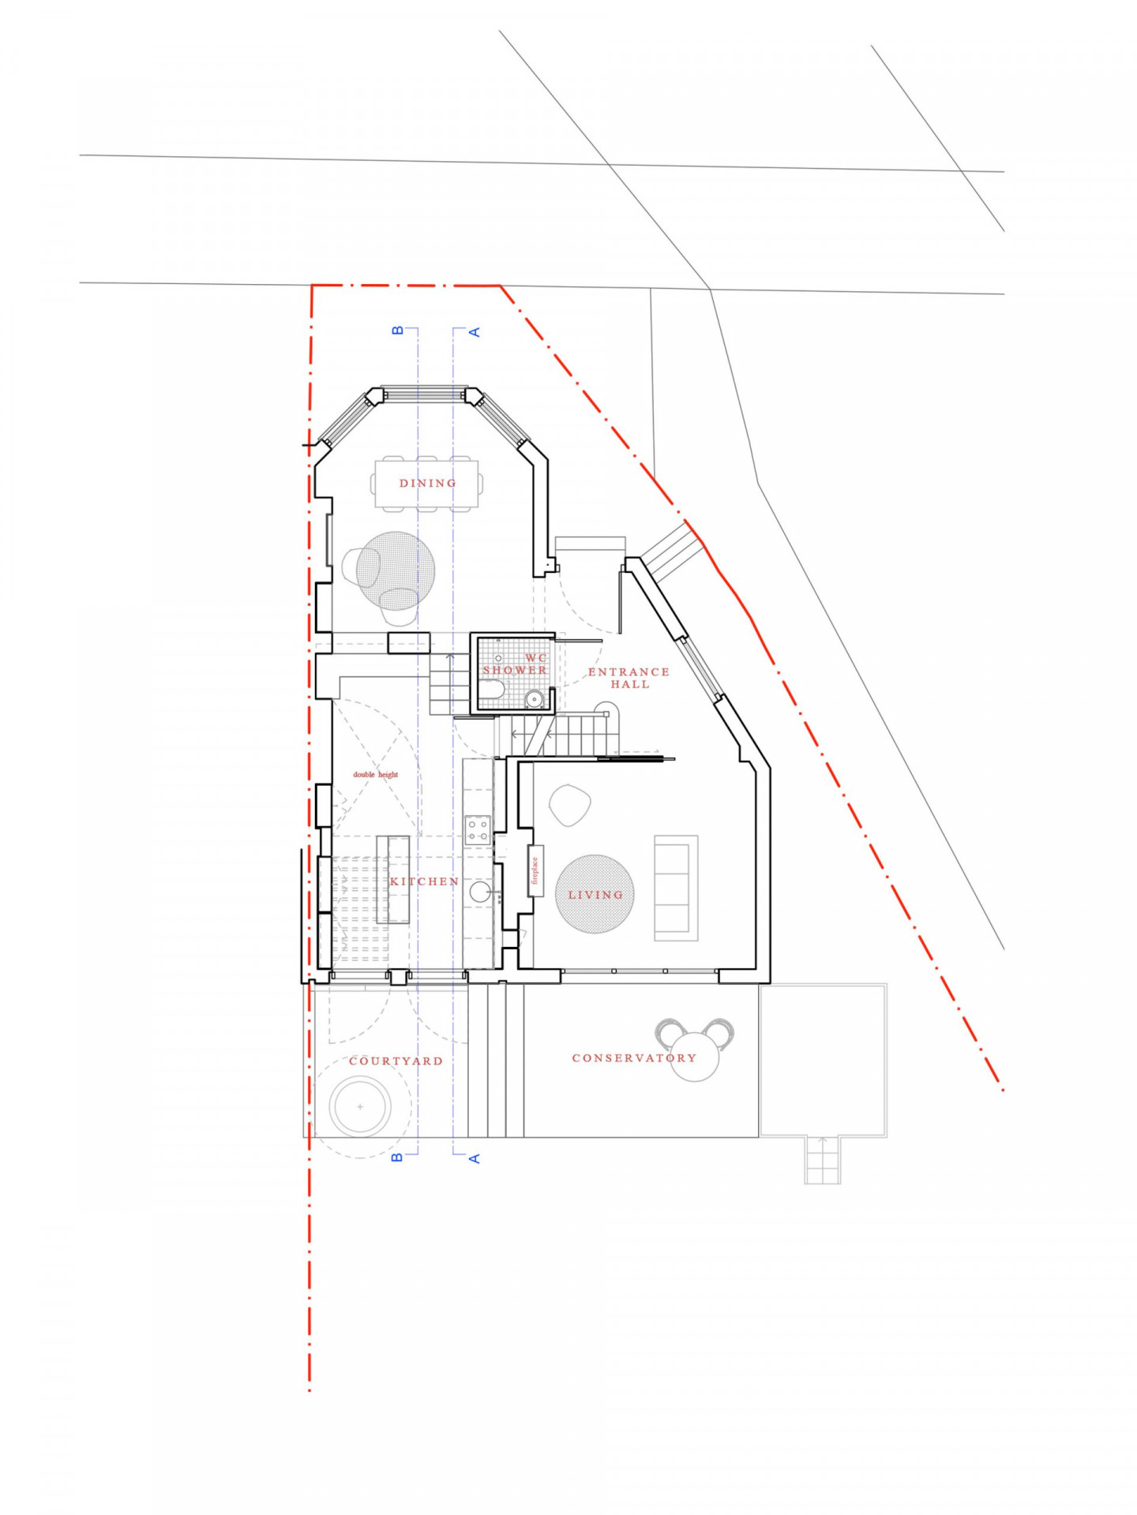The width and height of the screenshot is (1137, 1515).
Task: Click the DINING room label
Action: click(x=427, y=483)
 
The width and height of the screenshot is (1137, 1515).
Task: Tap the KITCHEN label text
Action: click(x=424, y=881)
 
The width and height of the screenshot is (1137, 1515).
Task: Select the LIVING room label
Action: click(x=595, y=895)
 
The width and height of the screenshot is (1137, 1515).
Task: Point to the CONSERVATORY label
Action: click(x=634, y=1057)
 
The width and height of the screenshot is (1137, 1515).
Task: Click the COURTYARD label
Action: click(x=396, y=1060)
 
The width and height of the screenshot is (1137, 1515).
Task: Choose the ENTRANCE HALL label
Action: click(x=629, y=678)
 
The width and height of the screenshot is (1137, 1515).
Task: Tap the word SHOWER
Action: click(x=515, y=670)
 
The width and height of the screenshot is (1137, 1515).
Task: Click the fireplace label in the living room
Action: click(x=535, y=870)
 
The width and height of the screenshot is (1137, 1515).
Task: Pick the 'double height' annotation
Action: click(x=375, y=774)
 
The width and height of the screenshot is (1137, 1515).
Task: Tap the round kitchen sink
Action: click(x=480, y=892)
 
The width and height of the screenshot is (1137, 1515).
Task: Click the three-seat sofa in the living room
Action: click(x=676, y=888)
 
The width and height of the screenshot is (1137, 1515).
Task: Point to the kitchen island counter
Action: click(x=392, y=879)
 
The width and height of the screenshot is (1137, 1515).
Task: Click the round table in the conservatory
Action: click(x=696, y=1057)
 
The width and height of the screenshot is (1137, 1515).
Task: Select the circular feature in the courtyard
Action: click(x=361, y=1107)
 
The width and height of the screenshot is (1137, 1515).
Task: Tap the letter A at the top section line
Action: click(x=475, y=332)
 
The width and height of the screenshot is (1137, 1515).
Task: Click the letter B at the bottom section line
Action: click(x=397, y=1157)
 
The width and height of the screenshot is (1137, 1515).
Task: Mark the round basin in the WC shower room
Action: click(x=535, y=698)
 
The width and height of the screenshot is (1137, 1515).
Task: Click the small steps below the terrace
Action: click(x=822, y=1160)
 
